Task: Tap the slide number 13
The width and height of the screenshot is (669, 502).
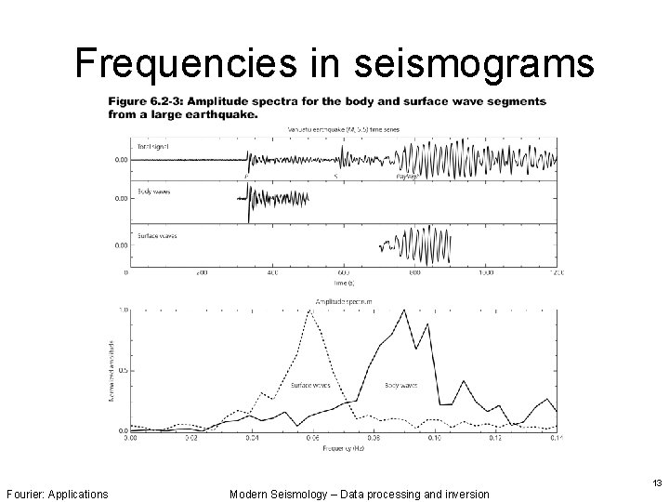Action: point(657,482)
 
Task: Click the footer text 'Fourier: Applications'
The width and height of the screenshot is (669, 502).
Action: point(57,493)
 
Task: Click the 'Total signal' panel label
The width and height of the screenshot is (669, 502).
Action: point(153,147)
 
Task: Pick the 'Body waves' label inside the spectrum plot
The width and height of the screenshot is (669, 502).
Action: point(400,384)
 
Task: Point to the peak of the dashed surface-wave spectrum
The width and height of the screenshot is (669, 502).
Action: point(310,311)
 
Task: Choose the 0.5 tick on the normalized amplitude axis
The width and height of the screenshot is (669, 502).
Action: point(122,370)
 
